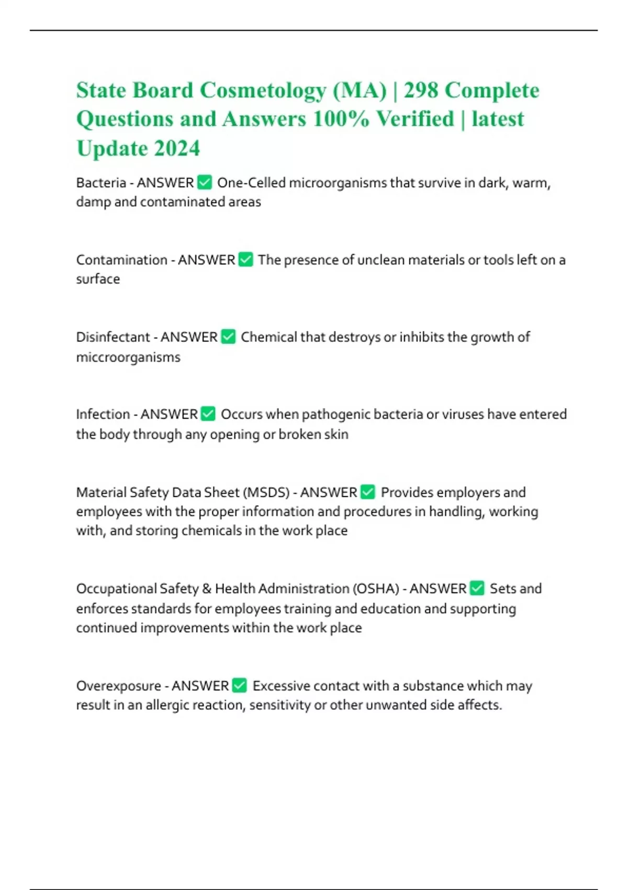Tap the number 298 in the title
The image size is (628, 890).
[x=421, y=91]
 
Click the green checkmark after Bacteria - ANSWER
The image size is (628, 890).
[x=205, y=183]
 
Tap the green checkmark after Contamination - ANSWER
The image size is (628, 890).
[x=245, y=259]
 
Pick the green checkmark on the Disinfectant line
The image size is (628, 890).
[x=228, y=337]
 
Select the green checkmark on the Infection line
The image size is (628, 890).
[x=208, y=414]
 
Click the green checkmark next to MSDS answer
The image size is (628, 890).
[x=368, y=492]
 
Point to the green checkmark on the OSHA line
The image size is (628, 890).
[x=477, y=588]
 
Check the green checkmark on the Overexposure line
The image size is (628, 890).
[x=239, y=685]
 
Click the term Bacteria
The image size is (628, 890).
[x=101, y=183]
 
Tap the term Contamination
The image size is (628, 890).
[x=121, y=260]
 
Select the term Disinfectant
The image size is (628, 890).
[x=113, y=337]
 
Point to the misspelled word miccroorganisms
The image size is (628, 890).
[x=128, y=358]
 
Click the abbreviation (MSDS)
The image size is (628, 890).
[x=265, y=493]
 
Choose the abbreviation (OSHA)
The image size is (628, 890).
[x=375, y=589]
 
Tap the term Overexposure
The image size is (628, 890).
[x=119, y=686]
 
